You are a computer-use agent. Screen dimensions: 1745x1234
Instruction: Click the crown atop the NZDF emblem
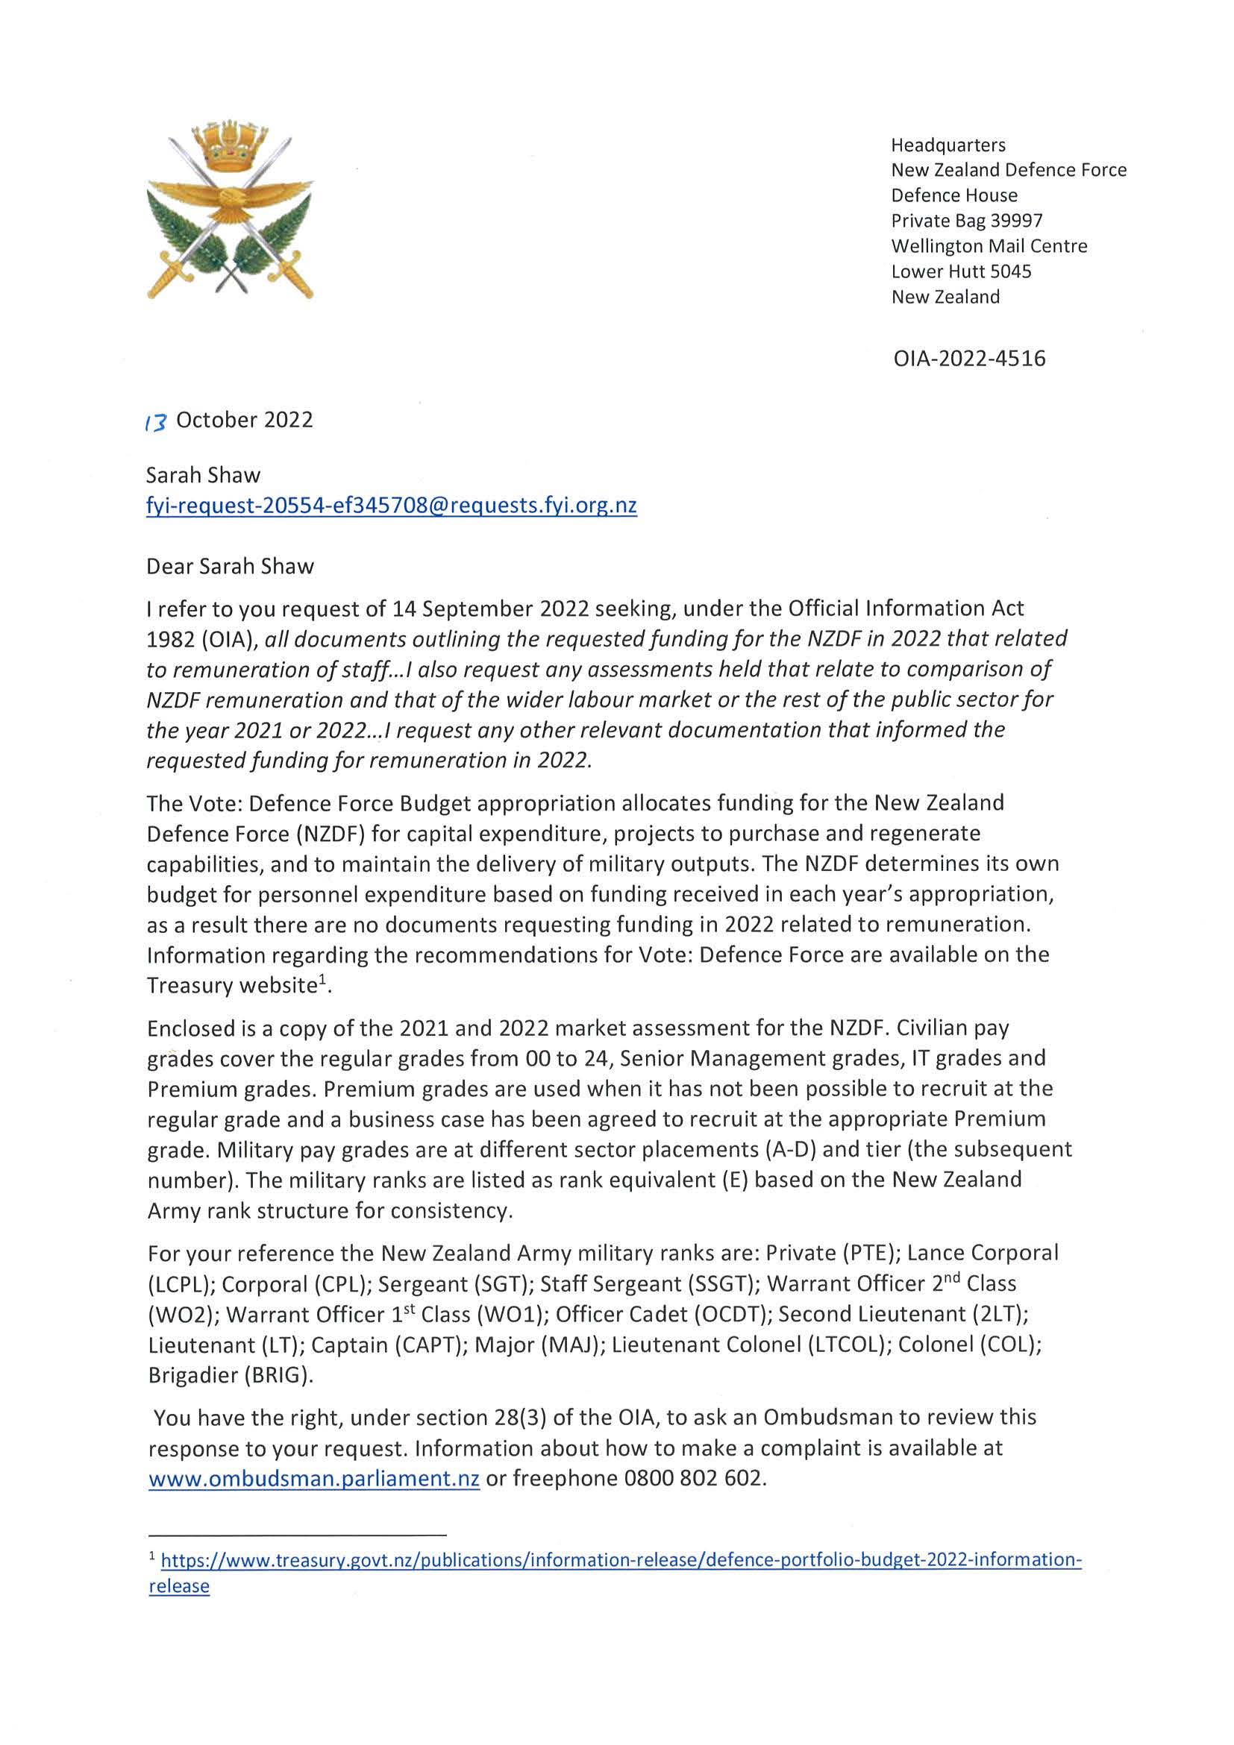click(230, 145)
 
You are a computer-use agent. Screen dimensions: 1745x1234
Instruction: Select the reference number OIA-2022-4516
click(969, 358)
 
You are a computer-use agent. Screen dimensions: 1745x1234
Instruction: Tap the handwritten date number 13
click(155, 422)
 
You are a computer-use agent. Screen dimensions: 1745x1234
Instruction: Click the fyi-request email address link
click(391, 506)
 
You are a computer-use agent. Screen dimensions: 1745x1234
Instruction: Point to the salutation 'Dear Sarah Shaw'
click(230, 566)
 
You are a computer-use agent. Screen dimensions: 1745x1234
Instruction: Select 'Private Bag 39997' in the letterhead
click(966, 221)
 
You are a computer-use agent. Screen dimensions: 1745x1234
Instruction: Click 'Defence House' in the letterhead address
click(954, 195)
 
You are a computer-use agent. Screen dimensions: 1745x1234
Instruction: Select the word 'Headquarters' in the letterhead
click(948, 145)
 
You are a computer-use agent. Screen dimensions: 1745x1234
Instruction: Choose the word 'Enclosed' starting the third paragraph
click(192, 1028)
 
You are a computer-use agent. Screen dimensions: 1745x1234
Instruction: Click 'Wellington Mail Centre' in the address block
click(989, 246)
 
